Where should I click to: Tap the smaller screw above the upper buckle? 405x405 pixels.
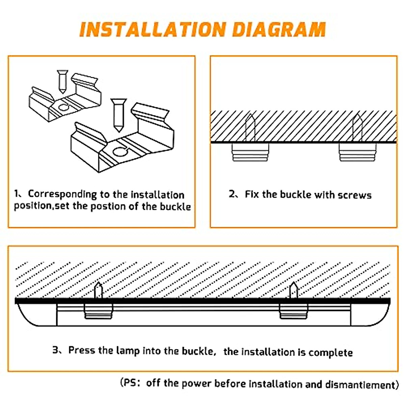[62, 81]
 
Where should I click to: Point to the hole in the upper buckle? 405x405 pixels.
[63, 108]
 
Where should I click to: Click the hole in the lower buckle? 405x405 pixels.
[120, 152]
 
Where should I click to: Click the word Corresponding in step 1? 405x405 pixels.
[62, 194]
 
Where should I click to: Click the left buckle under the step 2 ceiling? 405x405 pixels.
[250, 152]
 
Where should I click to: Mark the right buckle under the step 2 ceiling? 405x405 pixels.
[357, 152]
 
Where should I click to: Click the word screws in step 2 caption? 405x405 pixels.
[354, 195]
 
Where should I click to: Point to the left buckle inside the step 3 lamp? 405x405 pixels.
[98, 311]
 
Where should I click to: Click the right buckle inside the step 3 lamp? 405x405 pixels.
[294, 311]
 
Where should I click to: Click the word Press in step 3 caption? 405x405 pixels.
[82, 350]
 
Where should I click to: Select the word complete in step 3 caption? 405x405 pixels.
[330, 353]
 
